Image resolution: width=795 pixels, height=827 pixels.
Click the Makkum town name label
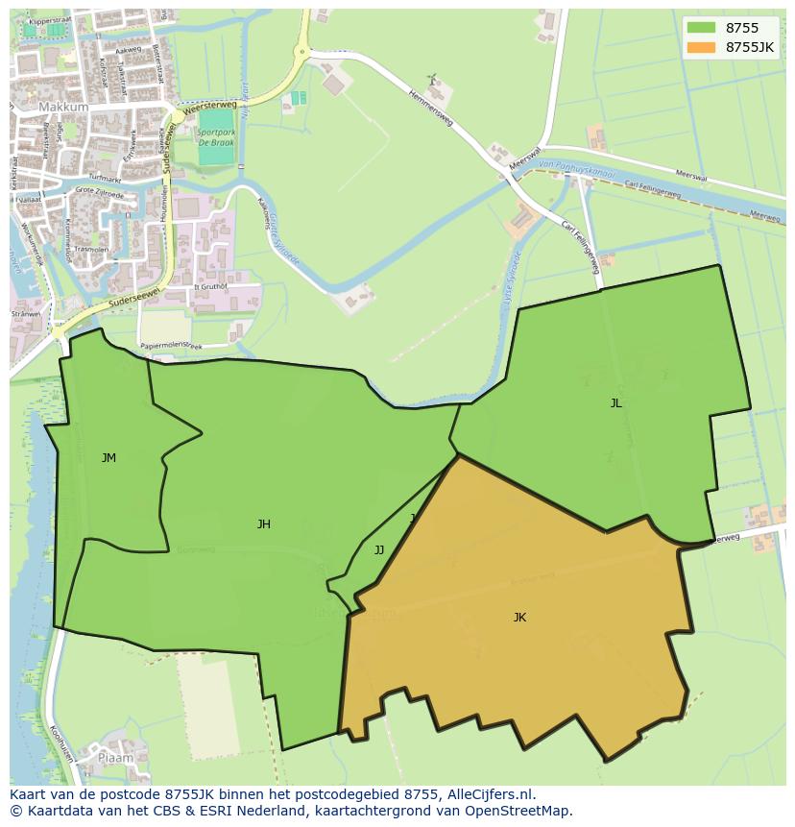(63, 108)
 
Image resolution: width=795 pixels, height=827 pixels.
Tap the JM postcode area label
(108, 458)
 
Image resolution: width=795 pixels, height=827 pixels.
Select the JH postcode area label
(263, 524)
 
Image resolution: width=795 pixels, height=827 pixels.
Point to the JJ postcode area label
(379, 550)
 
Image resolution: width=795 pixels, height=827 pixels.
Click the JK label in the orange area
(519, 618)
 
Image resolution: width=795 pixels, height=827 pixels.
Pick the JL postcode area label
(615, 403)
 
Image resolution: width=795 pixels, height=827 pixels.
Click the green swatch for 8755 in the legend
(701, 28)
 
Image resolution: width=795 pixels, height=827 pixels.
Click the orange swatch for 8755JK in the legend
(701, 47)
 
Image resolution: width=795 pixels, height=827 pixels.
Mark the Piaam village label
(114, 759)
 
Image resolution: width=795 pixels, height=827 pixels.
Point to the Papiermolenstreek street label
(171, 346)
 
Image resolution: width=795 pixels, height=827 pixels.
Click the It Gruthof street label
(210, 286)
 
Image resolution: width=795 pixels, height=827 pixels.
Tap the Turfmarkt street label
(104, 179)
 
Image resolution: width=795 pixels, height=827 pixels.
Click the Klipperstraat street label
(51, 19)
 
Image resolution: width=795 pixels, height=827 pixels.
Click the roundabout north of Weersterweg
(302, 53)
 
